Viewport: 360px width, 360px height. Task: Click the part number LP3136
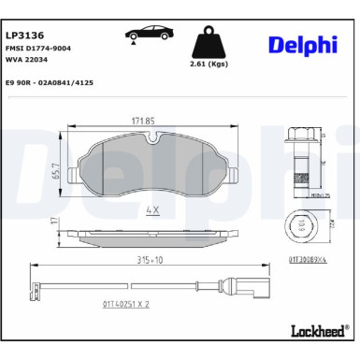25,33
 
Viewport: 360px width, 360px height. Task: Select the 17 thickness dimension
55,223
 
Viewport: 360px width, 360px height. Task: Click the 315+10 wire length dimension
138,263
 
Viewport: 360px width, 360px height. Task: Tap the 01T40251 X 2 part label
127,304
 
